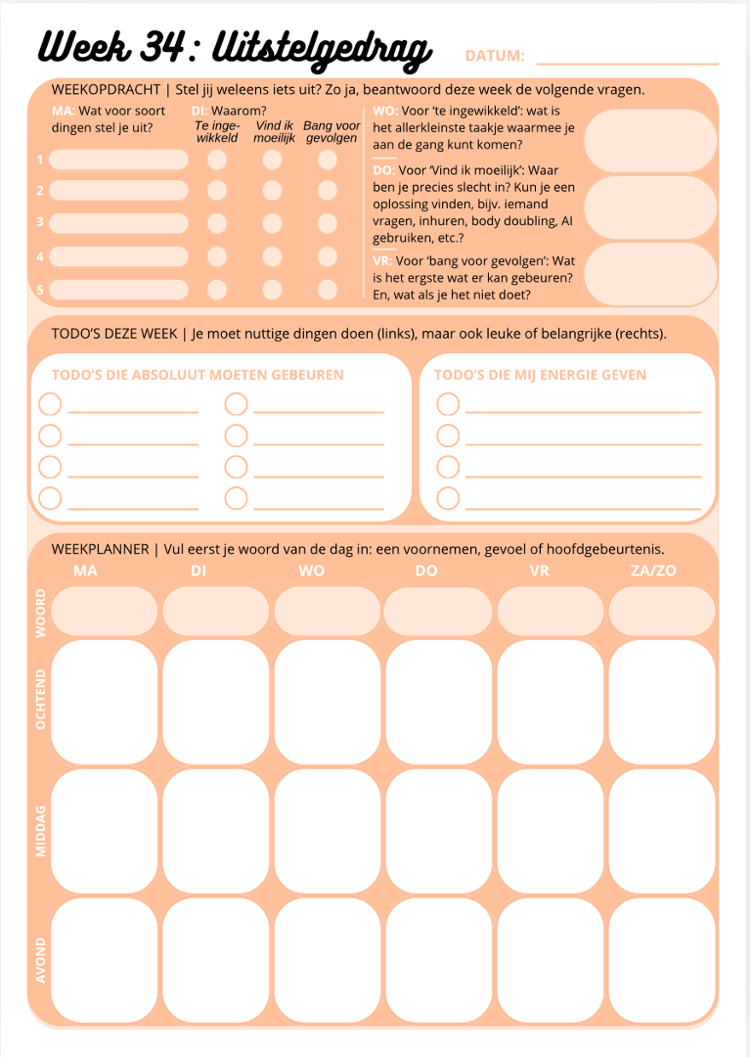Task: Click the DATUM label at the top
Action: pyautogui.click(x=495, y=57)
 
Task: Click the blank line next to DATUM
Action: pyautogui.click(x=627, y=62)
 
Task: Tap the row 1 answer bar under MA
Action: pyautogui.click(x=118, y=160)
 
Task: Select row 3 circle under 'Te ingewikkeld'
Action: pyautogui.click(x=217, y=223)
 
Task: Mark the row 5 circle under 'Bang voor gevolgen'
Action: pyautogui.click(x=328, y=290)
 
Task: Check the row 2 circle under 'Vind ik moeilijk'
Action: pyautogui.click(x=272, y=191)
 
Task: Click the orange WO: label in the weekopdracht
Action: pyautogui.click(x=384, y=112)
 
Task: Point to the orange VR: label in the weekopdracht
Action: pyautogui.click(x=383, y=261)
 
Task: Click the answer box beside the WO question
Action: pyautogui.click(x=650, y=141)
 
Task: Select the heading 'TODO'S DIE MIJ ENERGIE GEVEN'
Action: pyautogui.click(x=540, y=375)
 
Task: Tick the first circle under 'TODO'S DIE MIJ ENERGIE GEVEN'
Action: pyautogui.click(x=448, y=404)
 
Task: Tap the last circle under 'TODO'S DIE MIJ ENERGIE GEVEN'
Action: pyautogui.click(x=448, y=498)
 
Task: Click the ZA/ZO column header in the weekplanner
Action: pyautogui.click(x=653, y=571)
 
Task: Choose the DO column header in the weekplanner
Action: pyautogui.click(x=426, y=571)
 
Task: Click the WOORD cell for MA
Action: pyautogui.click(x=104, y=612)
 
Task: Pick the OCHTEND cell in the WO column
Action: pyautogui.click(x=327, y=701)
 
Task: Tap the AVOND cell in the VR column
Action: pyautogui.click(x=550, y=959)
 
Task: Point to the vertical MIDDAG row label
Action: pyautogui.click(x=41, y=830)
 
